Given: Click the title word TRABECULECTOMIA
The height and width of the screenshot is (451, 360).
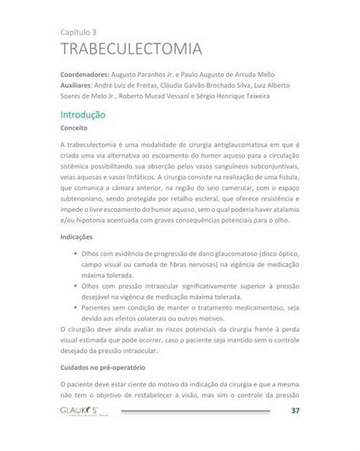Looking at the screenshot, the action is pos(131,50).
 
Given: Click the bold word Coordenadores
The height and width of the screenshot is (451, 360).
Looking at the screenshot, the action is pos(84,77).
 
